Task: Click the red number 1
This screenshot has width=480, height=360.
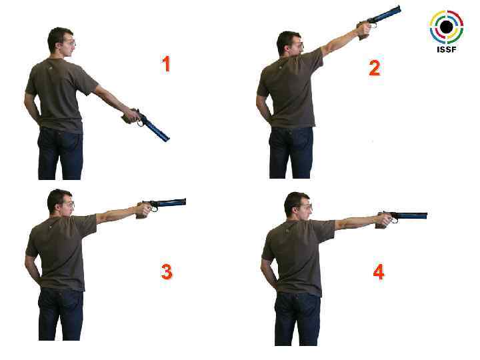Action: coord(166,64)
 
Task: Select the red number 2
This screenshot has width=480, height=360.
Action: coord(375,68)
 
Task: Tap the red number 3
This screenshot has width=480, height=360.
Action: coord(167,272)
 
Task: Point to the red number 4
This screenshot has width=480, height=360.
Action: coord(379,272)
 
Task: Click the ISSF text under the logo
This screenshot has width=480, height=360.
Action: coord(446,49)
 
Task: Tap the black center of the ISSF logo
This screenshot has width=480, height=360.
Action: coord(446,27)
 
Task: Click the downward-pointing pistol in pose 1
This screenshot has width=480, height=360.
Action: coord(147,124)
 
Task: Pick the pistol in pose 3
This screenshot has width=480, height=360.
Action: coord(161,207)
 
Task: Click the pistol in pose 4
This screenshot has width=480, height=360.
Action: coord(401,218)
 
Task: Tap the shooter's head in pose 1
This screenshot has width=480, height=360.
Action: coord(61,43)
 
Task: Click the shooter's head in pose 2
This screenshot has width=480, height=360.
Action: coord(290,44)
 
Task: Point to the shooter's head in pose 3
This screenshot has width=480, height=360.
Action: coord(61,203)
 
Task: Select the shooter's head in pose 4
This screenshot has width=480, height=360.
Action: coord(298,207)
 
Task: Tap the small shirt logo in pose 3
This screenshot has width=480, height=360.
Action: coord(49,227)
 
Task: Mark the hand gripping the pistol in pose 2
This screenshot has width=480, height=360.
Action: coord(364,31)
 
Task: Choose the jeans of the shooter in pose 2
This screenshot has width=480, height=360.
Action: coord(291,153)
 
